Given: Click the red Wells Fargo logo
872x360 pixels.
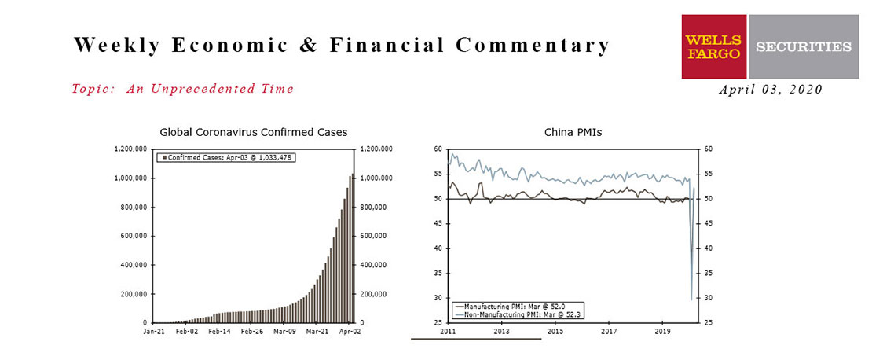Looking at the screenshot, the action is coord(715,46).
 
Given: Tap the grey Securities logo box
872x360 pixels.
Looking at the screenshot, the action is coord(804,46).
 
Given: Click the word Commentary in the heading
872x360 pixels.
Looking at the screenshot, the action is coord(533,46).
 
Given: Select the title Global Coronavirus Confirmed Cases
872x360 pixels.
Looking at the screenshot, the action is coord(254,132).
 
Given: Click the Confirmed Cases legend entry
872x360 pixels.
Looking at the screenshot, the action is coord(228,157).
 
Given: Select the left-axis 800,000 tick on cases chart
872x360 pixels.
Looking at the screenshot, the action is coord(131,207).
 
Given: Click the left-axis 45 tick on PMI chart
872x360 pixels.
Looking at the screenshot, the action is coord(437,224).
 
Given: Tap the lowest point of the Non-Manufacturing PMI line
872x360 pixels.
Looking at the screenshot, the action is coord(691,300).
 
